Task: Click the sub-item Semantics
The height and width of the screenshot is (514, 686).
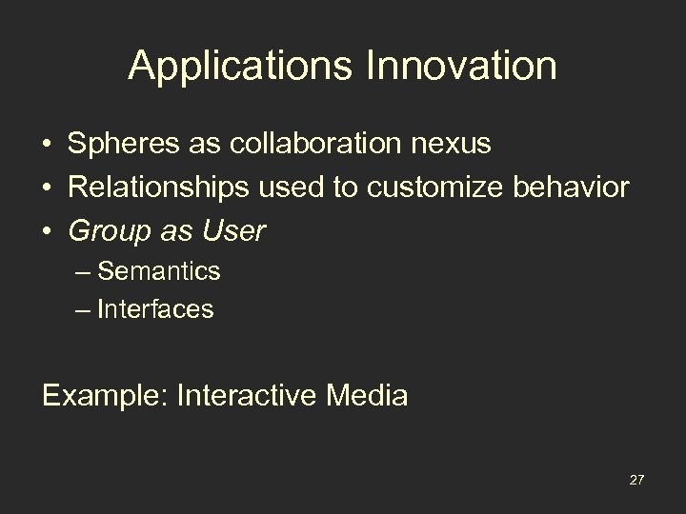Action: coord(159,271)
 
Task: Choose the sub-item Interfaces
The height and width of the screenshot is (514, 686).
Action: coord(155,309)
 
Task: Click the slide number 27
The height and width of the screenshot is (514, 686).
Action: coord(636,478)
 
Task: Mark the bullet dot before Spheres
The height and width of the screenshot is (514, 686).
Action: coord(47,145)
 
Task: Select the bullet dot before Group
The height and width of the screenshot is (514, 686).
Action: coord(47,231)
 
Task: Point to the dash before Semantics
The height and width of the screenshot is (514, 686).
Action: coord(84,272)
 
